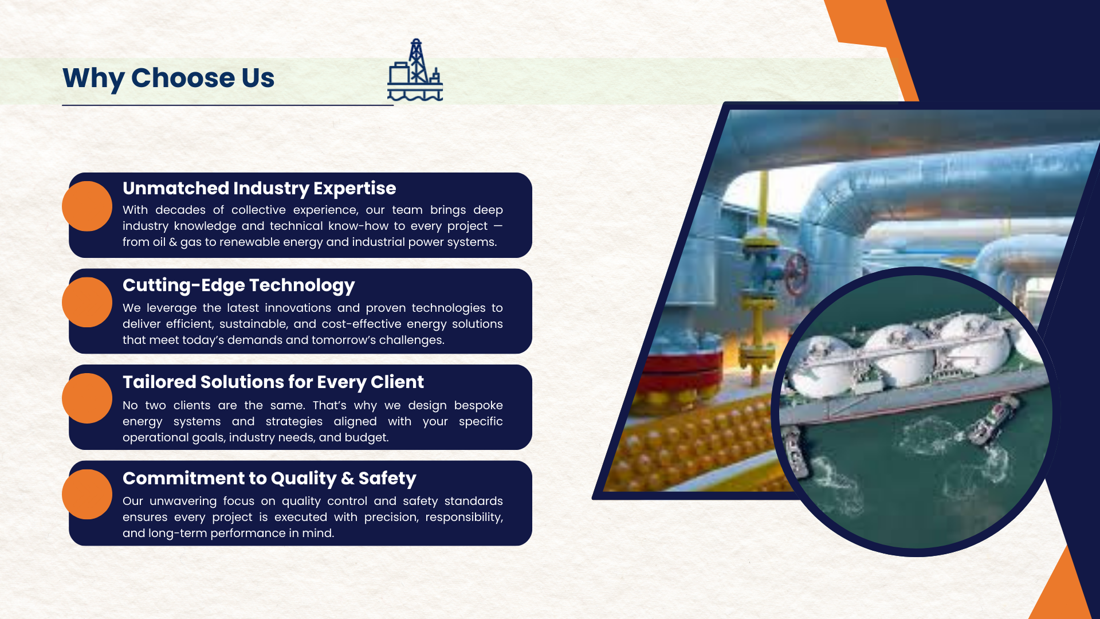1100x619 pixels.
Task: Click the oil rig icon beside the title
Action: click(x=415, y=70)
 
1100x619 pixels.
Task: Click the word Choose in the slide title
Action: click(x=183, y=78)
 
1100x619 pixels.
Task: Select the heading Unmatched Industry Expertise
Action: click(x=259, y=188)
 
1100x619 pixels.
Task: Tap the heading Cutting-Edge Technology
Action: click(x=238, y=285)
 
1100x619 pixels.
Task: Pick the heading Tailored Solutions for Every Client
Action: click(x=273, y=382)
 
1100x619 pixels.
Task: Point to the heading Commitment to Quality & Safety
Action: click(x=269, y=478)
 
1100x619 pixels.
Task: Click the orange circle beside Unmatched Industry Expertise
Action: click(x=87, y=206)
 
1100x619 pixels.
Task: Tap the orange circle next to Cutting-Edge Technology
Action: click(x=87, y=302)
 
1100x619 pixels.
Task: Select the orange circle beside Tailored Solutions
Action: click(x=87, y=398)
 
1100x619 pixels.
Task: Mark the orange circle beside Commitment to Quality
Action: click(x=87, y=494)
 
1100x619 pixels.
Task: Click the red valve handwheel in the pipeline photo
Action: click(x=795, y=273)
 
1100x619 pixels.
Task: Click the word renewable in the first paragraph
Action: click(x=249, y=242)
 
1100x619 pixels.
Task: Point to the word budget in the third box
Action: click(x=368, y=437)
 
